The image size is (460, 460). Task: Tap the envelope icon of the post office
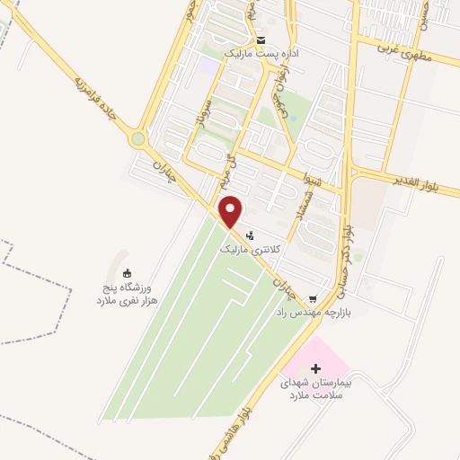261,41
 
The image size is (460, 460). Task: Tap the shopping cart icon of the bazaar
313,299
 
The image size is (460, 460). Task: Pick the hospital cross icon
315,367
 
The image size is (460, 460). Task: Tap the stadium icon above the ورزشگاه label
127,274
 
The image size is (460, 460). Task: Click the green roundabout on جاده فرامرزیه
137,139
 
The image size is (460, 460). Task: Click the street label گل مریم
233,166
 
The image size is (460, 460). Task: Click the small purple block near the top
208,66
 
